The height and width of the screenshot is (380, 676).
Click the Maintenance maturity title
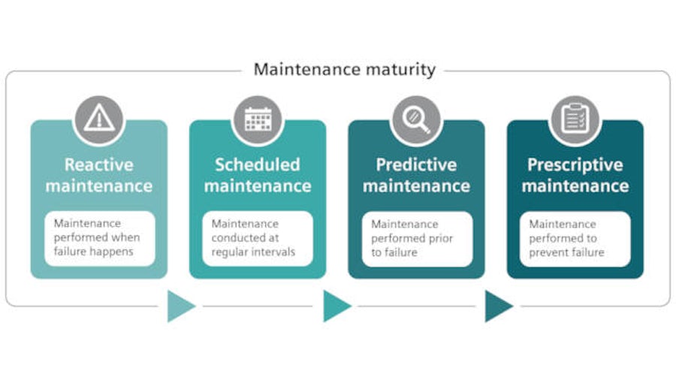(x=344, y=70)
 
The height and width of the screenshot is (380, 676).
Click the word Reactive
(x=98, y=164)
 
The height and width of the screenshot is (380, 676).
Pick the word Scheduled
(x=258, y=164)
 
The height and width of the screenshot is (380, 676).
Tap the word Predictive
(x=416, y=164)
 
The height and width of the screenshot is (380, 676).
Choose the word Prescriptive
(x=575, y=164)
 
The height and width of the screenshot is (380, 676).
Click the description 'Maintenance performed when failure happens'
(x=99, y=238)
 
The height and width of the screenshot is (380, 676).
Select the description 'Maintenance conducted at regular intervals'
(x=258, y=238)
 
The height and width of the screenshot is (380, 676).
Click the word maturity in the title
(x=398, y=70)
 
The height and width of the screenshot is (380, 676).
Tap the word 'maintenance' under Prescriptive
(x=575, y=185)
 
